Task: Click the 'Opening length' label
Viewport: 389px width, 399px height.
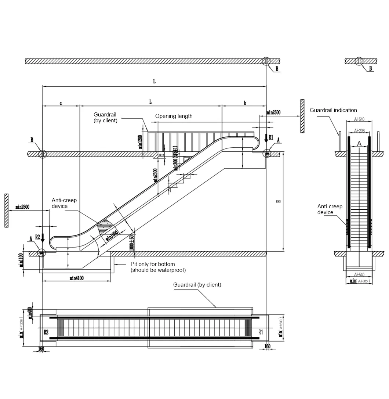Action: tap(174, 116)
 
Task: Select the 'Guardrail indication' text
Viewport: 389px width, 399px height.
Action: tap(333, 110)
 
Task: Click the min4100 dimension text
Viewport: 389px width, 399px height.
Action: tap(77, 278)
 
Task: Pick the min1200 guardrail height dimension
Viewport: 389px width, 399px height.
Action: tap(140, 141)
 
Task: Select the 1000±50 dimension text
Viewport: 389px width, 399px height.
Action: tap(132, 242)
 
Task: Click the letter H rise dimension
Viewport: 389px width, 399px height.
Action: tap(279, 201)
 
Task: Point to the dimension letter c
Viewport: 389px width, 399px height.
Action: tap(61, 103)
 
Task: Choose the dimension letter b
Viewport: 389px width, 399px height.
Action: tap(245, 103)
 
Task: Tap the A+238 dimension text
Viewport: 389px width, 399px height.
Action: tap(359, 130)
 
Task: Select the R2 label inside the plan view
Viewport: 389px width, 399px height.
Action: tap(46, 332)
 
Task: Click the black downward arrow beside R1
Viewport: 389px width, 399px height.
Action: tap(266, 139)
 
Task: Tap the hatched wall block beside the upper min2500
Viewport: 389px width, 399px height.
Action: tap(302, 116)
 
